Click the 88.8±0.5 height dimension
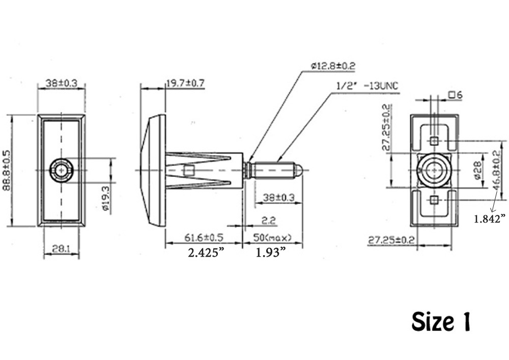[6, 171]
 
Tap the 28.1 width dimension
[61, 248]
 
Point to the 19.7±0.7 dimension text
[185, 84]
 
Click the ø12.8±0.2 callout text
[332, 66]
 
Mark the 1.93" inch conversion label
[269, 253]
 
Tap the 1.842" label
[489, 218]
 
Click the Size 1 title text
[441, 322]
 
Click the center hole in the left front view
[61, 170]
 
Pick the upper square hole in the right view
[434, 141]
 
